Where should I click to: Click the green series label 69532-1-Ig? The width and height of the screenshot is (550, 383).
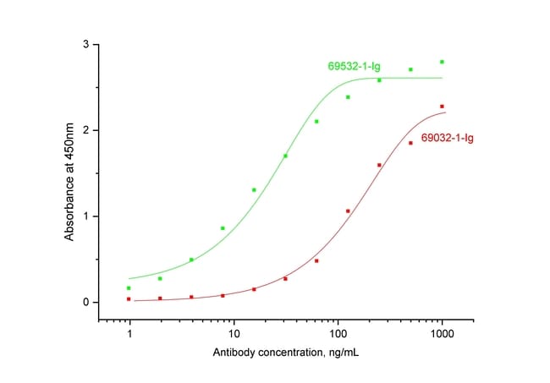[x=354, y=65]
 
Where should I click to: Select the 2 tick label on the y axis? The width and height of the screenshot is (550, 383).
[x=85, y=130]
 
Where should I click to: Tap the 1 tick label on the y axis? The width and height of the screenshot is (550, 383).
[x=85, y=216]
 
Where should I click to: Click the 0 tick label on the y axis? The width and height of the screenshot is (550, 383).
[x=85, y=303]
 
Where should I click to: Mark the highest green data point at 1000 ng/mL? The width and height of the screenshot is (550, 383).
[x=442, y=62]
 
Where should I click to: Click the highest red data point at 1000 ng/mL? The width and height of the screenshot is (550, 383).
[x=442, y=107]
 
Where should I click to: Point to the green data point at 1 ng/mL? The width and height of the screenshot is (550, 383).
[x=129, y=288]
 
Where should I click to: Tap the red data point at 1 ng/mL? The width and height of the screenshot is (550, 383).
[x=129, y=299]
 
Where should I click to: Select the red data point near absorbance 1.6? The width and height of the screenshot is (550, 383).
[x=379, y=165]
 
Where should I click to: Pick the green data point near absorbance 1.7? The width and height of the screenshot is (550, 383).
[x=285, y=156]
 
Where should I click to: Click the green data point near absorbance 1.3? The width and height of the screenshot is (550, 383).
[x=254, y=190]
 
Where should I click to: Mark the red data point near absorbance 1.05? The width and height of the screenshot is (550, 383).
[x=348, y=211]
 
